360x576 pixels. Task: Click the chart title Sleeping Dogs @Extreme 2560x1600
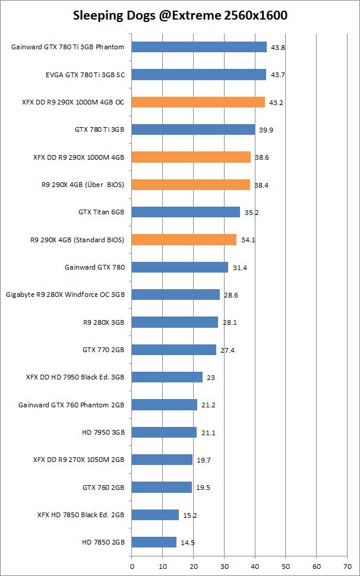pyautogui.click(x=180, y=16)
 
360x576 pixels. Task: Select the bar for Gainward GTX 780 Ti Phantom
pyautogui.click(x=199, y=47)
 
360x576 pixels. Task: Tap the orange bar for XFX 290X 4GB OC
pyautogui.click(x=198, y=102)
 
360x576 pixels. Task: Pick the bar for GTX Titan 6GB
pyautogui.click(x=185, y=212)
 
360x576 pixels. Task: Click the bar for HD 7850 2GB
pyautogui.click(x=154, y=542)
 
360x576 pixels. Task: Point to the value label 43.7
pyautogui.click(x=277, y=75)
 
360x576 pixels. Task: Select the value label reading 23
pyautogui.click(x=210, y=378)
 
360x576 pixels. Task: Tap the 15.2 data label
pyautogui.click(x=190, y=515)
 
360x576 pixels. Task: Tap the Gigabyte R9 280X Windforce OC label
pyautogui.click(x=65, y=295)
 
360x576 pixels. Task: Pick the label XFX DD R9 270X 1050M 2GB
pyautogui.click(x=75, y=460)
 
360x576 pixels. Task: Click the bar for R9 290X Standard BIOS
pyautogui.click(x=184, y=240)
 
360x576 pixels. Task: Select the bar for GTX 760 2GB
pyautogui.click(x=162, y=487)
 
